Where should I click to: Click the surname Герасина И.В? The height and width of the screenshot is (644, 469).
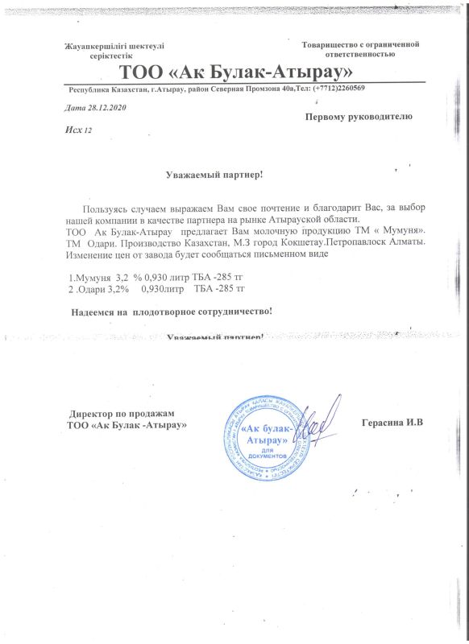(x=392, y=423)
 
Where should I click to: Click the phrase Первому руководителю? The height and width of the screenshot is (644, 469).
(x=359, y=117)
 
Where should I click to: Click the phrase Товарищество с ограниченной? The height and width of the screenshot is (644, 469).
(x=361, y=43)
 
